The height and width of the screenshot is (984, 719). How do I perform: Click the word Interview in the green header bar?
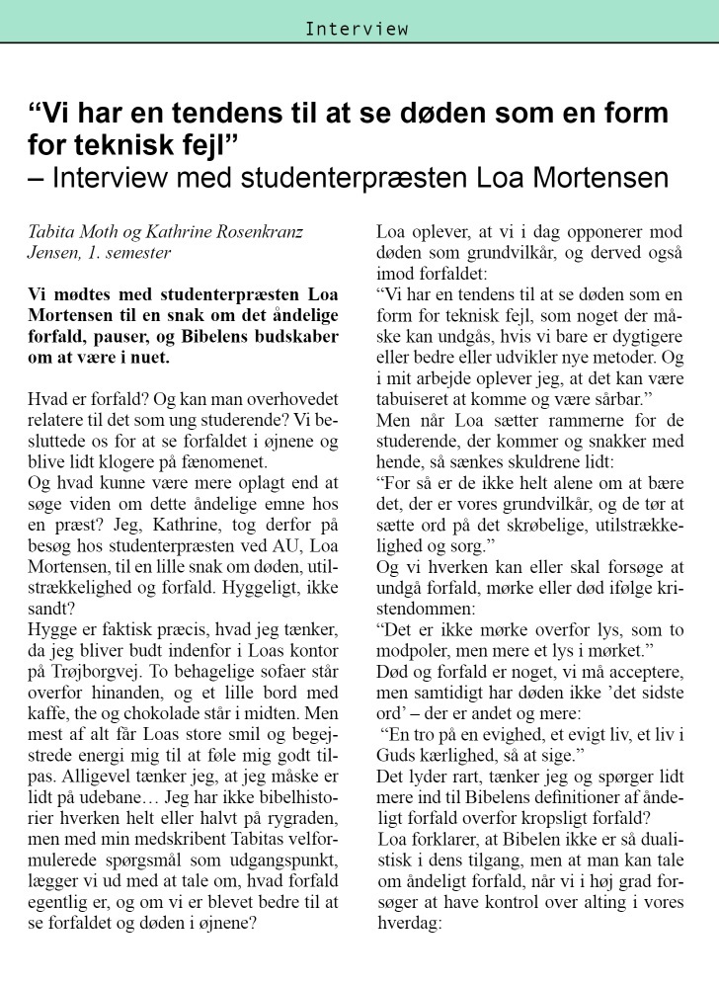coord(357,29)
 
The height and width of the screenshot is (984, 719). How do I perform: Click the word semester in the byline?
coord(139,253)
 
